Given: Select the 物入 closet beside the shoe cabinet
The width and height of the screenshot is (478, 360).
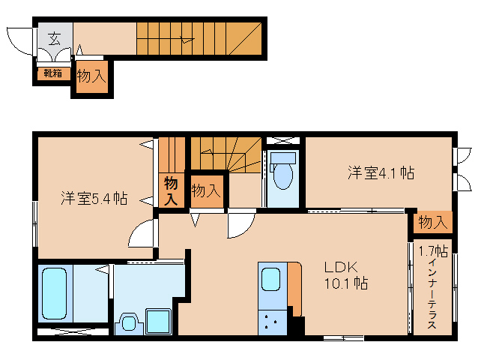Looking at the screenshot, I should click(x=91, y=76).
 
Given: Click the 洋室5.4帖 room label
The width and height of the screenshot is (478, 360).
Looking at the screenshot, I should click(x=94, y=199).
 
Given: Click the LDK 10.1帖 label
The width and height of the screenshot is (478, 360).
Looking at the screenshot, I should click(x=345, y=274).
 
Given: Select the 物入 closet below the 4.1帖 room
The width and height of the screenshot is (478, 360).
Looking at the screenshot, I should click(x=432, y=222).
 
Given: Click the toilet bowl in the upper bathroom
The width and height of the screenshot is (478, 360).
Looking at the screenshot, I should click(x=282, y=173).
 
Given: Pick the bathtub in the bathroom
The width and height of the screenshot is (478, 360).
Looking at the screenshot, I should click(x=54, y=292).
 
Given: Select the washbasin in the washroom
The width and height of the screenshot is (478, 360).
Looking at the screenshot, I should click(x=129, y=323).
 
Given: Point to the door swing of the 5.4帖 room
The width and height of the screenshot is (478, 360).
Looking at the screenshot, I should click(x=142, y=234).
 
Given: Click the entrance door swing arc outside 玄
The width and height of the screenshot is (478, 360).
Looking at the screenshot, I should click(x=19, y=40).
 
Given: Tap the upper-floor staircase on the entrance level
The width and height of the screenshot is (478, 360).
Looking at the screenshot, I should click(x=199, y=37).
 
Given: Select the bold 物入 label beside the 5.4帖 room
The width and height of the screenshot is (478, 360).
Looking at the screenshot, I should click(x=171, y=190).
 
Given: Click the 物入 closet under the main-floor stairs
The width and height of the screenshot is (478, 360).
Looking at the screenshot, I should click(x=206, y=190).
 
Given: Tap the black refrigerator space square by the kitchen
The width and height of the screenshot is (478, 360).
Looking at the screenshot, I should click(x=297, y=325).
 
